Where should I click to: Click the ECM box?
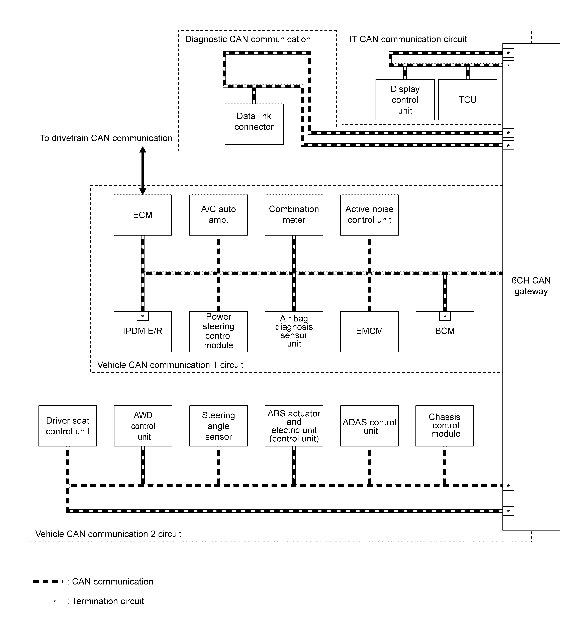(x=142, y=215)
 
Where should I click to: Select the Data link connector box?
(x=254, y=124)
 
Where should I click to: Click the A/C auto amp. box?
(x=218, y=215)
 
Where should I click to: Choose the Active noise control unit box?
(x=369, y=215)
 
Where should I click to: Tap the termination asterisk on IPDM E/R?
(x=142, y=316)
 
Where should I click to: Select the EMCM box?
(x=369, y=331)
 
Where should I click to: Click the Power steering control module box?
(x=218, y=331)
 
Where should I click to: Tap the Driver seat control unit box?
(x=68, y=426)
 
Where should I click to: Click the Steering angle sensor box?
(x=218, y=426)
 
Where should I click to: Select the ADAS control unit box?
(x=369, y=426)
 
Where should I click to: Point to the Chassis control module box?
(x=445, y=426)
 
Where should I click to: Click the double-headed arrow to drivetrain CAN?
(x=142, y=171)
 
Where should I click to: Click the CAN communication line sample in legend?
(x=46, y=581)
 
